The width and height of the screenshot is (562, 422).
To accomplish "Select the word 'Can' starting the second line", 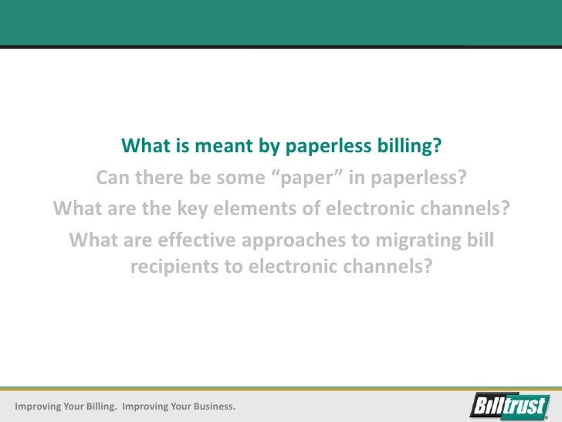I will (x=113, y=179).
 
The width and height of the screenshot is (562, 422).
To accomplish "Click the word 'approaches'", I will (x=290, y=241).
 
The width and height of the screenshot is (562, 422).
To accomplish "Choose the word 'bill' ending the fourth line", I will (x=479, y=241).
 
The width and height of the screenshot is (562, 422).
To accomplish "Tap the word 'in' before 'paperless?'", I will (x=357, y=179).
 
